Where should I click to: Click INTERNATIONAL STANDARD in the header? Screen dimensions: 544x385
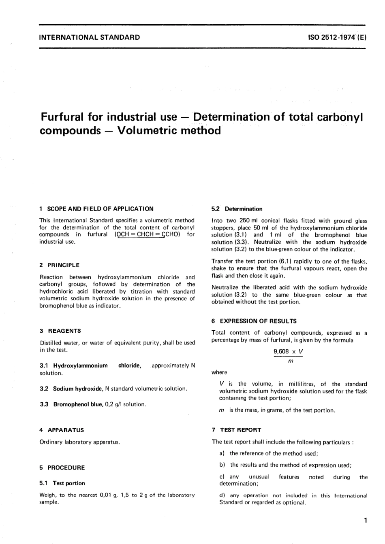click(90, 37)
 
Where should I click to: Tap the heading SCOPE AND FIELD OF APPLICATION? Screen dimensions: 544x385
click(100, 209)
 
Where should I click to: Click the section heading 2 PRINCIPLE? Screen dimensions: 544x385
click(60, 265)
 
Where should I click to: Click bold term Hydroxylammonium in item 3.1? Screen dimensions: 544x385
click(81, 365)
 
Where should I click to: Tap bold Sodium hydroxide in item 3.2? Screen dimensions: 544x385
click(78, 389)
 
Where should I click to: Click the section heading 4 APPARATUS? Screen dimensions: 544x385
click(62, 430)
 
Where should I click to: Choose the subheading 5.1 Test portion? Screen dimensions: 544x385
click(62, 483)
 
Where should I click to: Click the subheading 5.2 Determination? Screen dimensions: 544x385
click(237, 209)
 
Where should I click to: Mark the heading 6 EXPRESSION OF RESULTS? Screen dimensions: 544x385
click(254, 321)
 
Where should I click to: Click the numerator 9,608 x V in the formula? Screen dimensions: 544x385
click(289, 352)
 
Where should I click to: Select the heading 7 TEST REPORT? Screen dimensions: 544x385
click(236, 430)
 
